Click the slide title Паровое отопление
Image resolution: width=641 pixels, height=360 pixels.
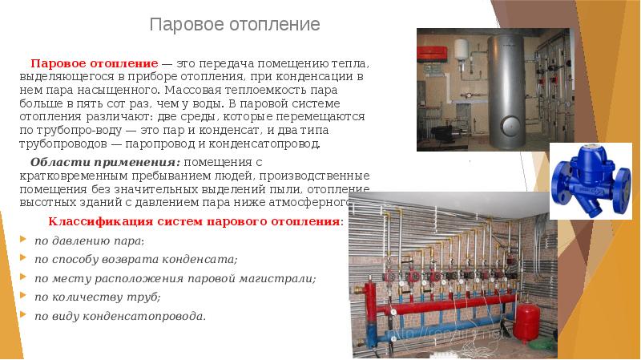click(235, 24)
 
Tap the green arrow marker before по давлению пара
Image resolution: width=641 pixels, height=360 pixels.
click(21, 241)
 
